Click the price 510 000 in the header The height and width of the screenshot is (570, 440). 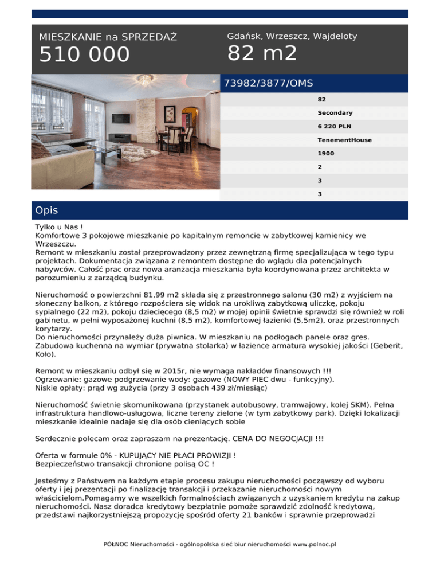point(84,55)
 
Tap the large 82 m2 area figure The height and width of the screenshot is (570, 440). point(262,53)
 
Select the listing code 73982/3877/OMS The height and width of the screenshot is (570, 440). point(268,84)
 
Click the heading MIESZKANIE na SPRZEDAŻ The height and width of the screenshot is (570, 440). point(108,37)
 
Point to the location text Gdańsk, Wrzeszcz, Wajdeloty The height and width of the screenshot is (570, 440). point(292,36)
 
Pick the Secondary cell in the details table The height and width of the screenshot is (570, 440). point(335,113)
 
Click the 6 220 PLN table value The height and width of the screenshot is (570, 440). point(336,126)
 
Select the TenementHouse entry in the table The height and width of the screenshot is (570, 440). point(344,140)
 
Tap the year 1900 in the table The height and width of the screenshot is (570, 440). point(326,154)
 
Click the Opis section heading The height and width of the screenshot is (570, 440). point(46,210)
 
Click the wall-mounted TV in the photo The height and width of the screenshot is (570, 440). point(122,118)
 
